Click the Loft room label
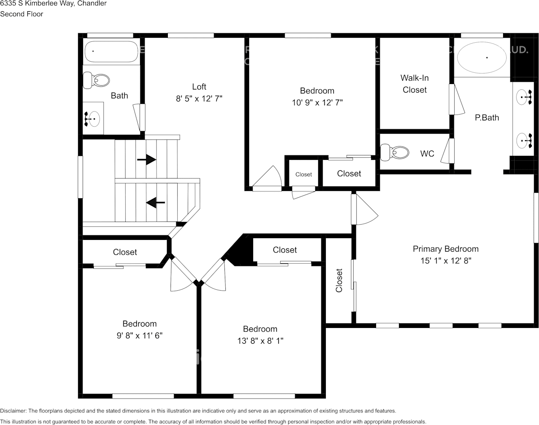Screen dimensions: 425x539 click(199, 87)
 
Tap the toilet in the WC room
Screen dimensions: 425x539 click(395, 152)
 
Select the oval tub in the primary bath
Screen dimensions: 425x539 click(482, 58)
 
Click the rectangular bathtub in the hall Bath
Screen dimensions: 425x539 click(111, 52)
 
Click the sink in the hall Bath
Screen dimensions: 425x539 click(93, 119)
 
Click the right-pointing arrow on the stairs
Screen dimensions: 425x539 click(147, 159)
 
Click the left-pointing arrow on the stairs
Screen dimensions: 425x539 click(155, 203)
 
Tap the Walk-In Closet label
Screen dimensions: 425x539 click(415, 84)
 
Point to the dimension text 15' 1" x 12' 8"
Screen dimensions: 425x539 click(446, 260)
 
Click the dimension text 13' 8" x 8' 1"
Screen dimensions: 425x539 click(260, 341)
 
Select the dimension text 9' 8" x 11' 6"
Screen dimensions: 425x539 click(140, 335)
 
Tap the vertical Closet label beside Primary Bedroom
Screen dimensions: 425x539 click(339, 280)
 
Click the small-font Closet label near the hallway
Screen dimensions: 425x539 click(303, 174)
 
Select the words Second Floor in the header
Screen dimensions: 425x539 click(22, 14)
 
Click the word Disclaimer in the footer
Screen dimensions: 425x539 click(13, 411)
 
